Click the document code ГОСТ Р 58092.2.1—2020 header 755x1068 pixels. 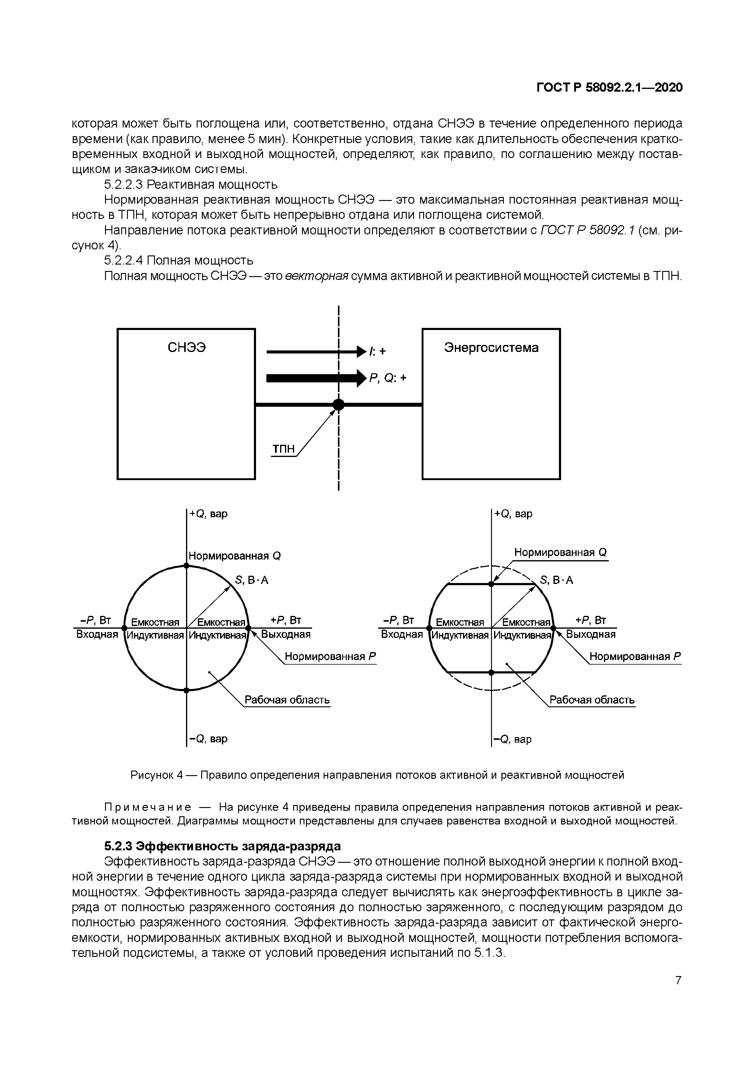pos(609,87)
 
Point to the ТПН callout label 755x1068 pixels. pos(283,449)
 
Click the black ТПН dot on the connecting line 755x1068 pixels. pos(339,405)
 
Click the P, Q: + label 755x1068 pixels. pos(388,378)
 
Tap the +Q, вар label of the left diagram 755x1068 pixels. pos(209,514)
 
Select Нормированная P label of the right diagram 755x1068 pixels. pos(635,656)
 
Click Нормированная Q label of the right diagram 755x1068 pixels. pos(560,552)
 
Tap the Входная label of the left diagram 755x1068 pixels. pos(97,634)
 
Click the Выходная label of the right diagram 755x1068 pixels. pos(591,634)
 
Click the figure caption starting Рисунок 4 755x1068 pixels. pos(377,775)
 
